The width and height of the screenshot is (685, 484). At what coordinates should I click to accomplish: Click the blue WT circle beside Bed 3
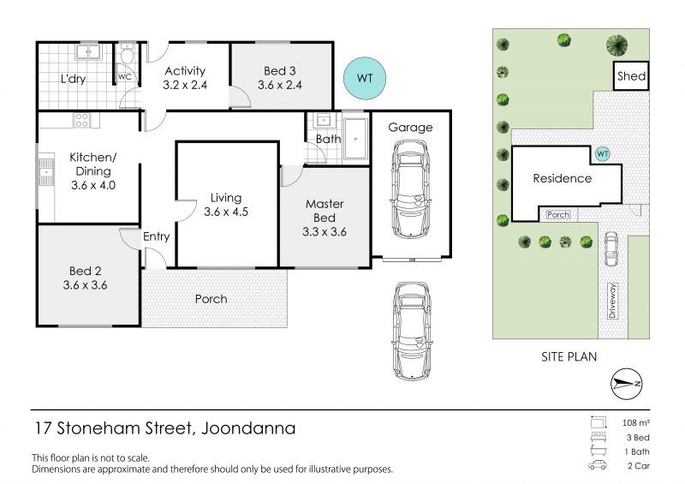(x=365, y=78)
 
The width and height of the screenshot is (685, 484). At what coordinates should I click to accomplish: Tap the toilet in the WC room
(x=127, y=54)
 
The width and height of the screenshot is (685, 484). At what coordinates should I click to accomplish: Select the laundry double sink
(x=88, y=52)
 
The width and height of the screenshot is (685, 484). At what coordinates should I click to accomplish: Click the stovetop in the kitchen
(x=82, y=120)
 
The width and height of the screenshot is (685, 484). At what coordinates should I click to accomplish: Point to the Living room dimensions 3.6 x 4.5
(x=226, y=212)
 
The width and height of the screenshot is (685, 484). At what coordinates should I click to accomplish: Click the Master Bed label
(x=325, y=211)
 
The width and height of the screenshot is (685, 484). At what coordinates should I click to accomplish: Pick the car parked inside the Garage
(x=410, y=190)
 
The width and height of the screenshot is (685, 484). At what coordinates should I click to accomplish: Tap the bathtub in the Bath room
(x=355, y=139)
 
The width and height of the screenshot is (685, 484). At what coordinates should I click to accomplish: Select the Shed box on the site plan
(x=631, y=76)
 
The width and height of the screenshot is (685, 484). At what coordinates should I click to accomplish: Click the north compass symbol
(x=627, y=384)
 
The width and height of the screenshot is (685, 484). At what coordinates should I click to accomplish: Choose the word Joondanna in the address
(x=248, y=428)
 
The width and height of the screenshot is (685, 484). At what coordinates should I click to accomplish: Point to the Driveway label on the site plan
(x=612, y=301)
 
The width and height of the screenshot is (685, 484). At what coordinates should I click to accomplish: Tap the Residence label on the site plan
(x=563, y=178)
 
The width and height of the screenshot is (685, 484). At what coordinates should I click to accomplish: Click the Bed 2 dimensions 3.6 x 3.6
(x=85, y=285)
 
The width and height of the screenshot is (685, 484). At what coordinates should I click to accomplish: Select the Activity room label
(x=185, y=71)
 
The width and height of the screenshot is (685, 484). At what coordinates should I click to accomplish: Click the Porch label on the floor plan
(x=211, y=299)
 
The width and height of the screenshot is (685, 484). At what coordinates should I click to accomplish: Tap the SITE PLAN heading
(x=569, y=356)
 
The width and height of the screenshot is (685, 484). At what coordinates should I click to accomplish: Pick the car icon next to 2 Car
(x=597, y=465)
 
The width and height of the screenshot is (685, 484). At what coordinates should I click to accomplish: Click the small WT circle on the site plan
(x=603, y=154)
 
